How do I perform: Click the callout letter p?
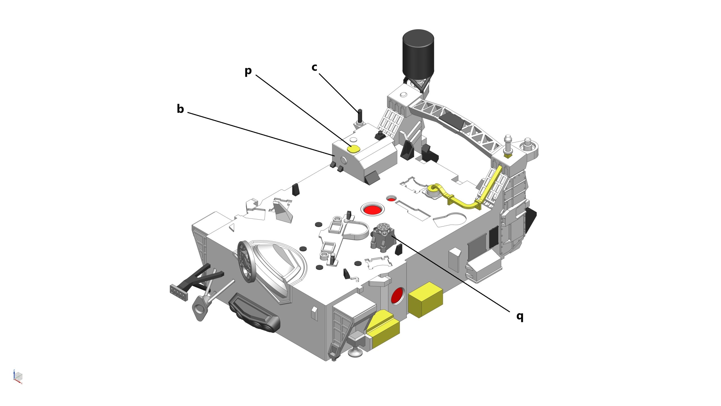click(248, 71)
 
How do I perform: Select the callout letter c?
click(314, 67)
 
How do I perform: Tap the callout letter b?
click(180, 109)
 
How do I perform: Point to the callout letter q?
click(520, 316)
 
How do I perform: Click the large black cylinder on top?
click(418, 54)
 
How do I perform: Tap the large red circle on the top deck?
click(373, 209)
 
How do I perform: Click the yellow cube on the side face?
click(425, 299)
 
